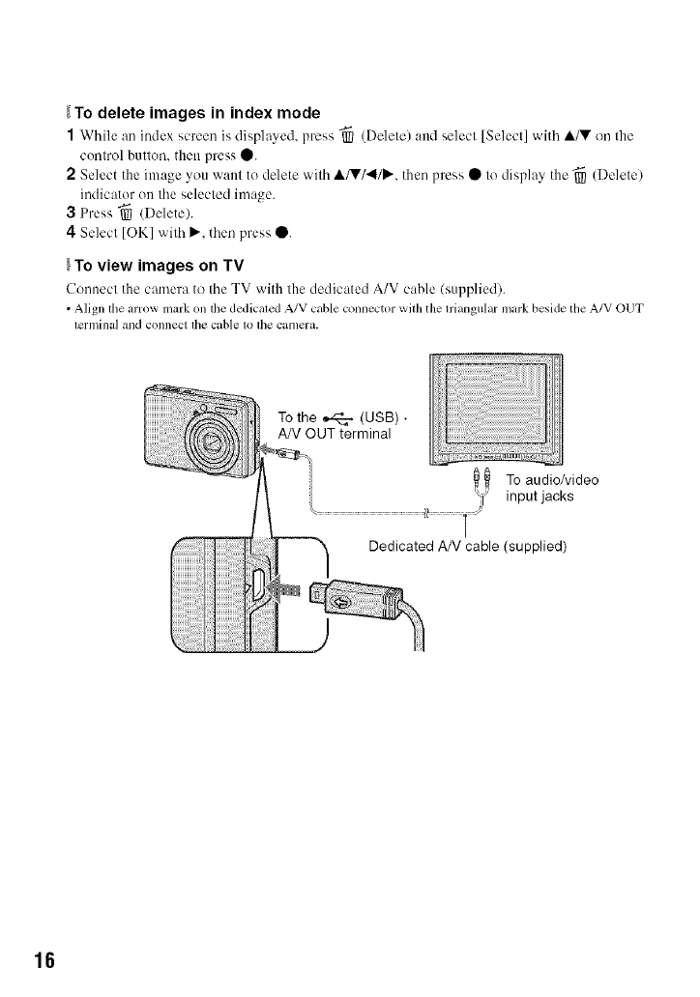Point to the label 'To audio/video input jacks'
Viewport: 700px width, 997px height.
point(552,488)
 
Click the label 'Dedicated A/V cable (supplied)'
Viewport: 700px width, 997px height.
point(467,546)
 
